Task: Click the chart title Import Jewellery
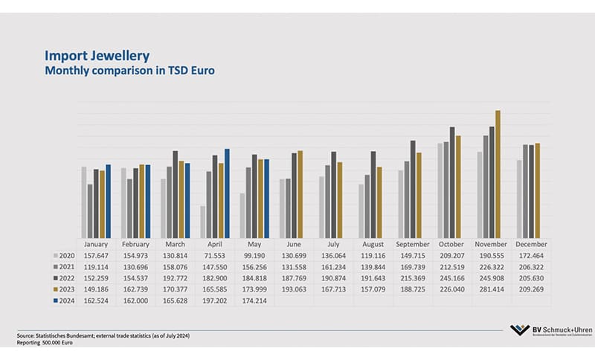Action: (x=97, y=56)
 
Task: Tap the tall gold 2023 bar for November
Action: (x=498, y=173)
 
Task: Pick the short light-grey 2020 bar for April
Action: (x=202, y=221)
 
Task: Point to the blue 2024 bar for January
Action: (x=108, y=200)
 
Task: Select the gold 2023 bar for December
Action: (x=537, y=190)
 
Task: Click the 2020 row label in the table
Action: (x=68, y=254)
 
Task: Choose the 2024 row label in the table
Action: (x=68, y=301)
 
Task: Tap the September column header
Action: (x=413, y=243)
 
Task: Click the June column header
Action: (x=294, y=243)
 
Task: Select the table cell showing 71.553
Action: (x=215, y=254)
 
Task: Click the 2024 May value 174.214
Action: (x=254, y=301)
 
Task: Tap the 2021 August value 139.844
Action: (x=373, y=266)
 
